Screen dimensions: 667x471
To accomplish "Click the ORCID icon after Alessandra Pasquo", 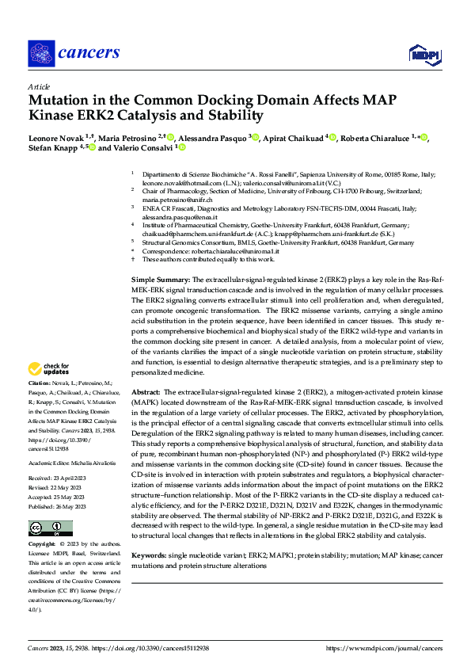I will (255, 137).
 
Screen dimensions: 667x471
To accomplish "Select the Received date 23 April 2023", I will (58, 455).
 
